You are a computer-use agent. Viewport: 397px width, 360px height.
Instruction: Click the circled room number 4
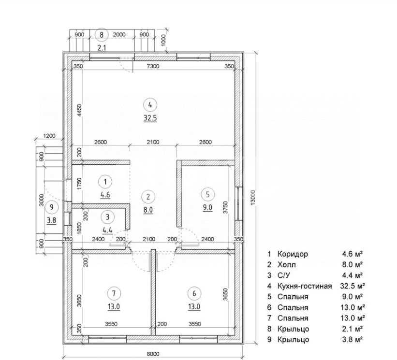pos(150,105)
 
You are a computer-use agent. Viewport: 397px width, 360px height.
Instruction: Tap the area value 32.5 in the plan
pos(150,118)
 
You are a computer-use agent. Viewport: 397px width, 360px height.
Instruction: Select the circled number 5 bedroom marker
pos(207,195)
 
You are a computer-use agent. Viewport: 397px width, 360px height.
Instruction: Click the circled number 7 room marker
pos(114,293)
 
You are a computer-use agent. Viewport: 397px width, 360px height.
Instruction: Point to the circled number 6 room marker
pos(194,293)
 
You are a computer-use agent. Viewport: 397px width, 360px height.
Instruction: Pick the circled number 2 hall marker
pos(148,197)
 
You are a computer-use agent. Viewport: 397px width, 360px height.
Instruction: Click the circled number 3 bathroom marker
pos(108,217)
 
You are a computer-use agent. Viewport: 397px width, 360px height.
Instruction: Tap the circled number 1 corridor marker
pos(105,182)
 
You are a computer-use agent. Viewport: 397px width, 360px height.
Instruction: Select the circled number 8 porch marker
pos(102,35)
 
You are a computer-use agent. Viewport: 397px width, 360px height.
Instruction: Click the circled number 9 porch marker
pos(52,207)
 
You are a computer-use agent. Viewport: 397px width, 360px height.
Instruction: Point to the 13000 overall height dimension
pos(252,199)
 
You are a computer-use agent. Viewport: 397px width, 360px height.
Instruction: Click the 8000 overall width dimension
pos(153,354)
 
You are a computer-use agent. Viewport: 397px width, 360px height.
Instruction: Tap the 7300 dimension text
pos(153,66)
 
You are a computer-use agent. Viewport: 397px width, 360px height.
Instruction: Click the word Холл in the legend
pos(286,265)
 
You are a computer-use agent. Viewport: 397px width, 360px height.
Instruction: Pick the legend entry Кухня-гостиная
pos(305,286)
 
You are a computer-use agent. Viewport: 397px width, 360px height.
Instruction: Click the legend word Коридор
pos(293,254)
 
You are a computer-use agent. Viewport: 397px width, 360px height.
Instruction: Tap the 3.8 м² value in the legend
pos(353,339)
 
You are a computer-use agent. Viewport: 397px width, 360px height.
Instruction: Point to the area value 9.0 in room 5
pos(207,208)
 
